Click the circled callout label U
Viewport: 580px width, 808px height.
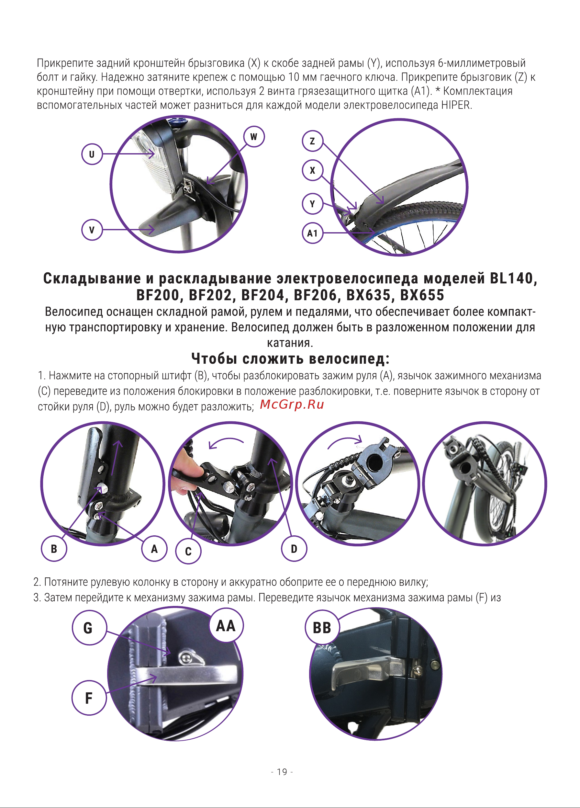(x=92, y=154)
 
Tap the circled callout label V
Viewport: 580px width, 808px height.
(x=92, y=230)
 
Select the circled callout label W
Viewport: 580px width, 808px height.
(x=254, y=136)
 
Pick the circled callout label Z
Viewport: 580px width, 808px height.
(x=313, y=141)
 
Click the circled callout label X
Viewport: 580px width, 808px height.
(x=313, y=170)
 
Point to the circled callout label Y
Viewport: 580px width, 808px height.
(x=313, y=204)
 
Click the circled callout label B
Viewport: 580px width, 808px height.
(x=54, y=549)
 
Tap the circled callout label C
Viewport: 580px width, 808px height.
(x=188, y=551)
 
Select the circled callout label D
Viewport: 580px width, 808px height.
(x=294, y=549)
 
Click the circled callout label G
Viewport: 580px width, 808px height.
(x=89, y=627)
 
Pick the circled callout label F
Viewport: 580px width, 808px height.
(x=89, y=698)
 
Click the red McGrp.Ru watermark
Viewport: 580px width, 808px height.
(x=292, y=405)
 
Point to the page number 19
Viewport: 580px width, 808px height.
(x=282, y=772)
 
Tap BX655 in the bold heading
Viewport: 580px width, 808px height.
(x=422, y=295)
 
